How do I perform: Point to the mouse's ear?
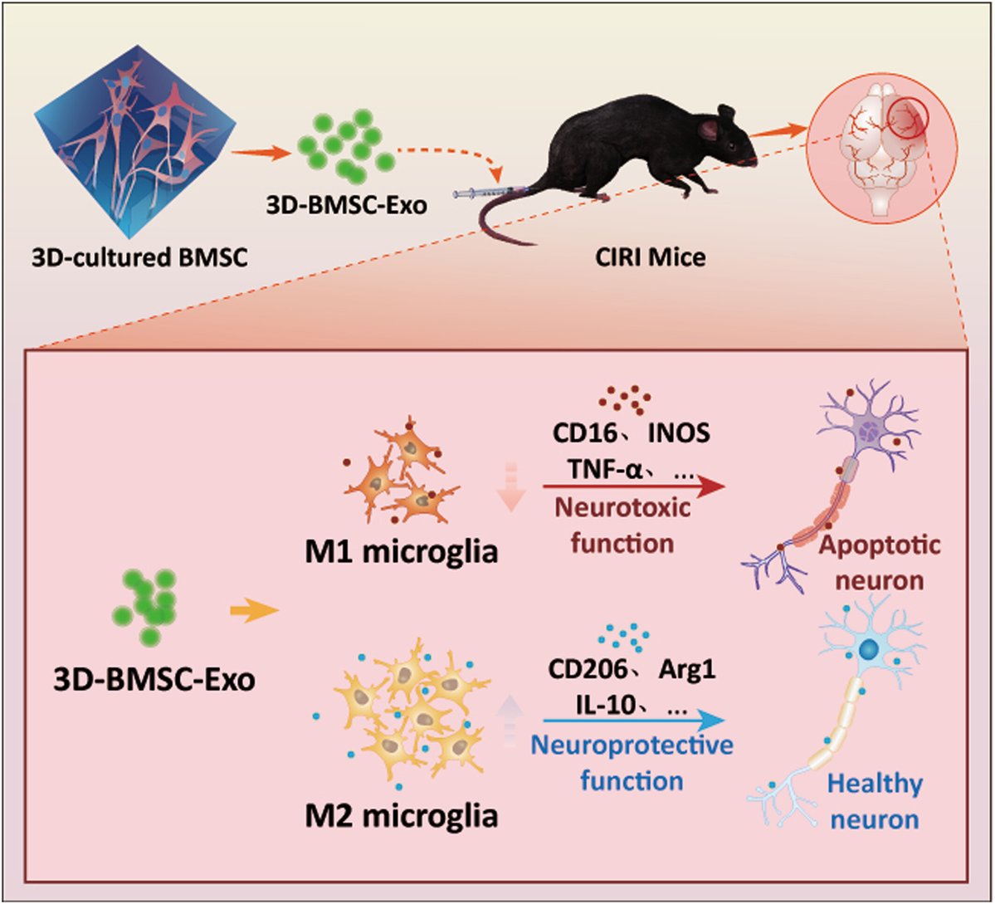pos(710,128)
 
